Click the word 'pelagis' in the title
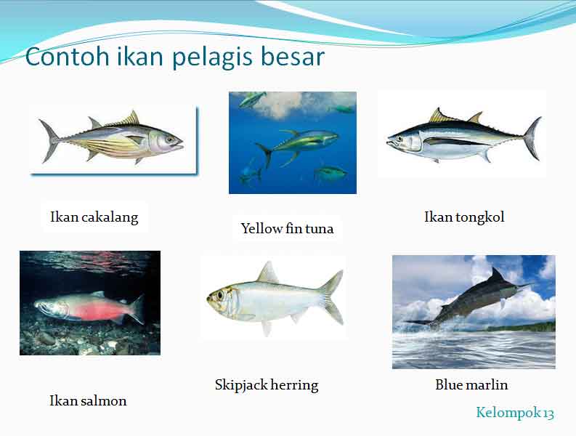tap(202, 57)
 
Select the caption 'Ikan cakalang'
tap(94, 217)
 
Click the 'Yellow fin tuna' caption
tap(287, 228)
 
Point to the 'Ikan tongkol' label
tap(464, 217)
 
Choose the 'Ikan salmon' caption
tap(88, 400)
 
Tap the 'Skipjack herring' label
tap(267, 384)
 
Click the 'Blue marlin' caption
tap(471, 384)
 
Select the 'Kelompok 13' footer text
tap(515, 413)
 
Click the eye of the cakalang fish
tap(169, 138)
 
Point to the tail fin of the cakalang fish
tap(49, 140)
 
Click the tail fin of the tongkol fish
tap(532, 137)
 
